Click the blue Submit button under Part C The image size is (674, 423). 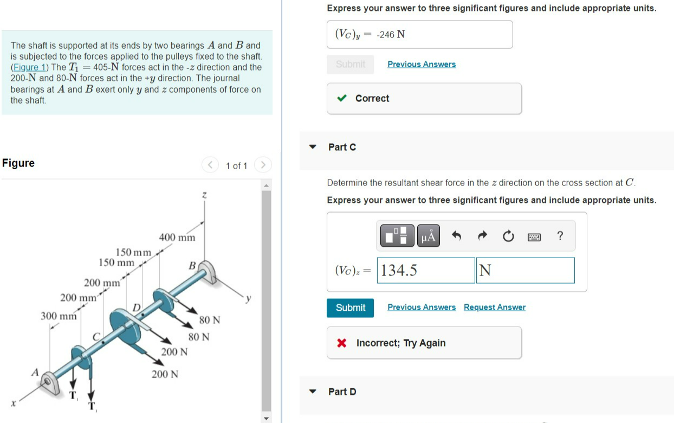coord(351,307)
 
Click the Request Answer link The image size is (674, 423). coord(494,307)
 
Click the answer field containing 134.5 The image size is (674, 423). coord(426,270)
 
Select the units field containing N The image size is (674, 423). coord(525,270)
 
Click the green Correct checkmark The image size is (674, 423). coord(342,98)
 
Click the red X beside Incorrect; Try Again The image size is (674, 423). coord(342,343)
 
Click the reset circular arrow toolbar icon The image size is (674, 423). coord(508,236)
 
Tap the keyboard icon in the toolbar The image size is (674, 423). coord(534,236)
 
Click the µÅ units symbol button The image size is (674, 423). coord(428,236)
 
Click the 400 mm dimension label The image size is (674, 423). coord(177,238)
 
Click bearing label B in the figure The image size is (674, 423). coord(191,266)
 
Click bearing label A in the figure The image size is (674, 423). coord(35,373)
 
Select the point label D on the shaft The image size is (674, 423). coord(137,309)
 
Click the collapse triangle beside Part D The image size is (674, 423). coord(313,392)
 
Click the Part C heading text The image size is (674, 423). coord(342,147)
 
